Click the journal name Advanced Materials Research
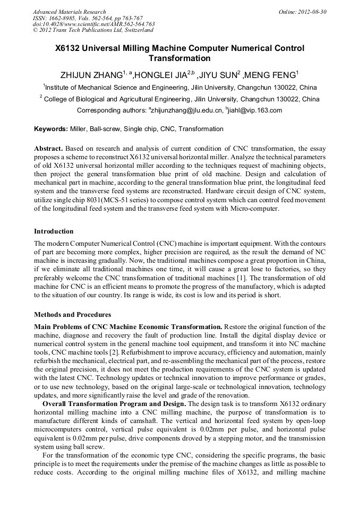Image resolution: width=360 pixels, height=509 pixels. pos(69,12)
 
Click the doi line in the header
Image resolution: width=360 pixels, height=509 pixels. pos(93,24)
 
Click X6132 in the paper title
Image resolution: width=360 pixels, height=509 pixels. pos(71,48)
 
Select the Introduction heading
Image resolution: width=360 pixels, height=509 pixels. pos(54,231)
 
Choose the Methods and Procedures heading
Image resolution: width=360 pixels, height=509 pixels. pos(72,315)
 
